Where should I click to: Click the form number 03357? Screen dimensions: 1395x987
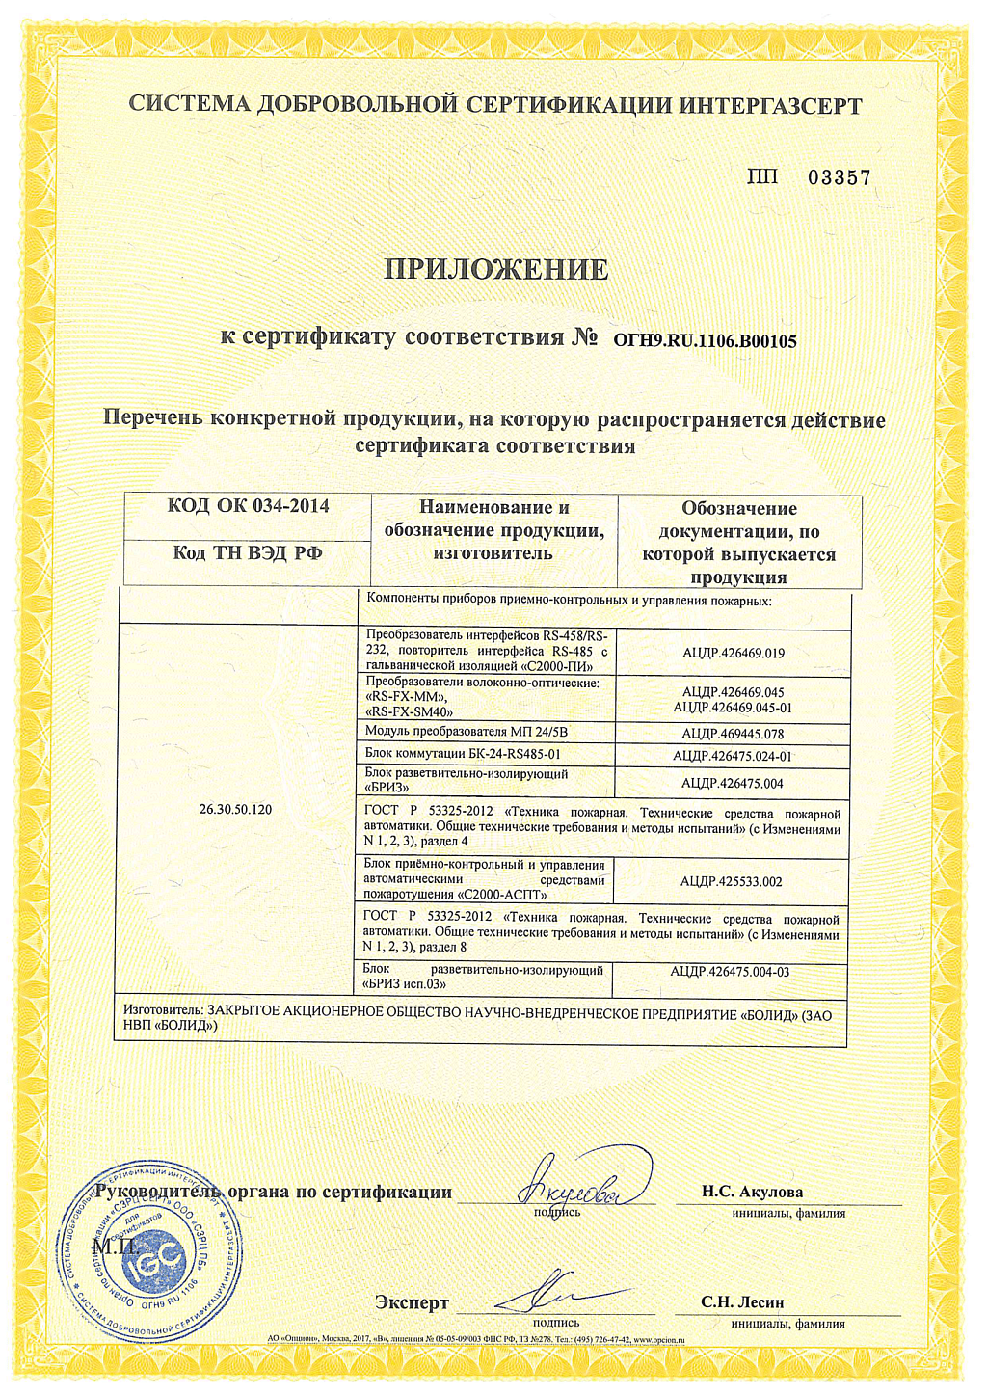(x=839, y=177)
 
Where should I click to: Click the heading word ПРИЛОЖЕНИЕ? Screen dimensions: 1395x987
(x=495, y=269)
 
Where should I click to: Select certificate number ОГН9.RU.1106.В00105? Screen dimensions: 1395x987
(x=705, y=340)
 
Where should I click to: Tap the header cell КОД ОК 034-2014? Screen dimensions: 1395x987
(x=248, y=506)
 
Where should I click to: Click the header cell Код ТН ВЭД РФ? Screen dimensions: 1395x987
(x=248, y=553)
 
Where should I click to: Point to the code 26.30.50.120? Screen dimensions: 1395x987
(x=235, y=810)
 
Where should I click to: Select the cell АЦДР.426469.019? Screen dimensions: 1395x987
(x=733, y=653)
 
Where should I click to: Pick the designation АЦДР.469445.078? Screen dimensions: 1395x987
(x=733, y=734)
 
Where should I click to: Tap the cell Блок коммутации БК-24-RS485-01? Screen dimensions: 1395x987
(x=463, y=754)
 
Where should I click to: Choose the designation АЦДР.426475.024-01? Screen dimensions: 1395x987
(x=733, y=757)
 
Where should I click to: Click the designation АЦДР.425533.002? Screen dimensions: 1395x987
(x=731, y=881)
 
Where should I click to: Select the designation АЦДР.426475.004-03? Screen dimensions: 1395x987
(x=730, y=972)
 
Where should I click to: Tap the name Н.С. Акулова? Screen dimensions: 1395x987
(x=752, y=1192)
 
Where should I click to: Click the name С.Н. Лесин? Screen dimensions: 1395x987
(x=742, y=1302)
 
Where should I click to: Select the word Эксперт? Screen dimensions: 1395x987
(x=412, y=1303)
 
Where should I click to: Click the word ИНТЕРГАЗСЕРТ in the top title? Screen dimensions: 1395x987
(x=770, y=106)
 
